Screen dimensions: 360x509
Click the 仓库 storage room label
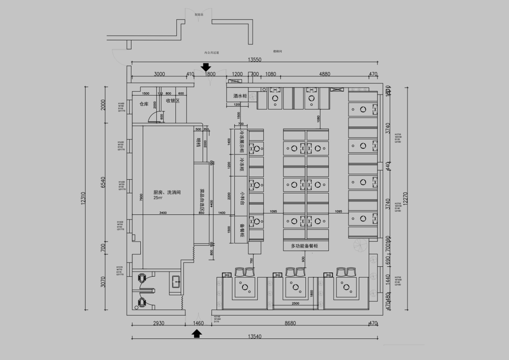pyautogui.click(x=144, y=104)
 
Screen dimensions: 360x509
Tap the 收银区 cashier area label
pyautogui.click(x=173, y=101)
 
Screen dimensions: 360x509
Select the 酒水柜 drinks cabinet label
pyautogui.click(x=240, y=96)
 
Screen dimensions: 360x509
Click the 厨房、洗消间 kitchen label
pyautogui.click(x=167, y=192)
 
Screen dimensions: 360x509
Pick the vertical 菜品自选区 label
pyautogui.click(x=202, y=197)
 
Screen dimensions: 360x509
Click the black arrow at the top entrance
pyautogui.click(x=206, y=68)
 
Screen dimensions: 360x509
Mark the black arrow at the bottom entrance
pyautogui.click(x=197, y=333)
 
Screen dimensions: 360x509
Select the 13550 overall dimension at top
pyautogui.click(x=254, y=59)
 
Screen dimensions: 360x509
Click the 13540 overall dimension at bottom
pyautogui.click(x=254, y=337)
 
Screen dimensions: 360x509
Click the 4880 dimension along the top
pyautogui.click(x=324, y=74)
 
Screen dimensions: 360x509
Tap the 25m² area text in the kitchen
pyautogui.click(x=157, y=198)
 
